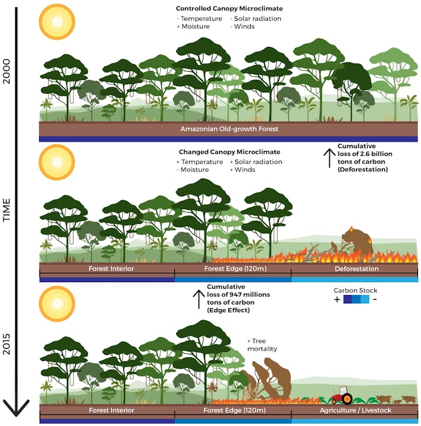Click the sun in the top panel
click(57, 22)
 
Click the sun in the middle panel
click(57, 162)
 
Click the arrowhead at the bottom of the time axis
click(15, 409)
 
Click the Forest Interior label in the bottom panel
click(111, 410)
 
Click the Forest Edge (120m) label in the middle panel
click(232, 268)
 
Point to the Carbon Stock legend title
click(356, 290)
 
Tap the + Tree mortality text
click(261, 345)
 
